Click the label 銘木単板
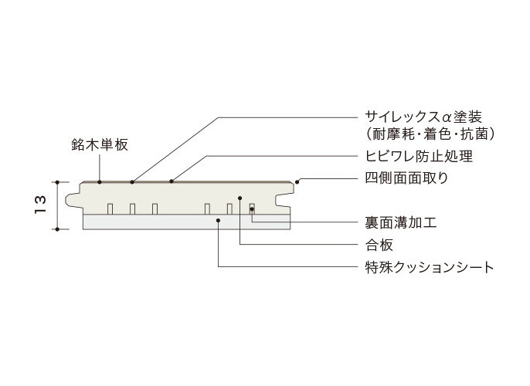point(100,144)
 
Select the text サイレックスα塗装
point(423,117)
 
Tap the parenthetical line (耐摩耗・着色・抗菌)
point(430,134)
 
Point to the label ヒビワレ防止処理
point(419,157)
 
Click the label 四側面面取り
point(406,178)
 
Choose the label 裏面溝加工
point(400,222)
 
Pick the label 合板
point(379,245)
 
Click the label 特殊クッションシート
point(430,267)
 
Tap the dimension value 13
point(40,205)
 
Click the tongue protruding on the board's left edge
point(73,200)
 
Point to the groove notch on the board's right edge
point(284,200)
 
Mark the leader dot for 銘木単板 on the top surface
point(100,182)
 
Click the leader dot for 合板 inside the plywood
point(240,198)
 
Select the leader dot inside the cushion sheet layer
point(219,221)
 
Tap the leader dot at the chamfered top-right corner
point(297,182)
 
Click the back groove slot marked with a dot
point(252,208)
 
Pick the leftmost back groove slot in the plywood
point(110,208)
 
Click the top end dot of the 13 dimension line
point(57,182)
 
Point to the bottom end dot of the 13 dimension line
point(57,229)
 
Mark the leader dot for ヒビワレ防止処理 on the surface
point(172,181)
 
